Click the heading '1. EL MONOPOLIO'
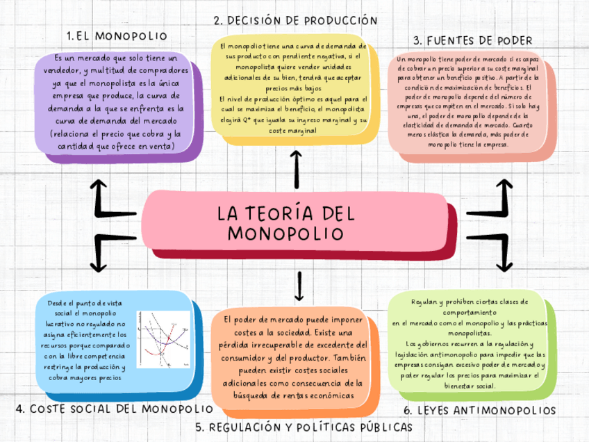pyautogui.click(x=117, y=35)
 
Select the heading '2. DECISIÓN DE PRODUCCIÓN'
pyautogui.click(x=296, y=22)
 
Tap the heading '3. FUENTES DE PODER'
pyautogui.click(x=472, y=40)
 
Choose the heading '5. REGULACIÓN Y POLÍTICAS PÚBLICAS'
pyautogui.click(x=304, y=426)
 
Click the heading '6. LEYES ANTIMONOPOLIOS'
pyautogui.click(x=479, y=411)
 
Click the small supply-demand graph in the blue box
pyautogui.click(x=163, y=338)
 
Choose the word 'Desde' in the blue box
pyautogui.click(x=58, y=303)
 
